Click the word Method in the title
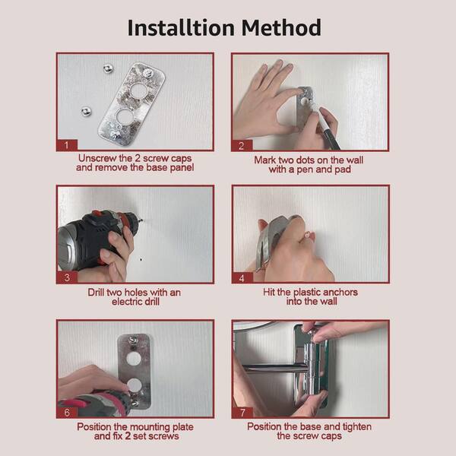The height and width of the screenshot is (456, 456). [281, 28]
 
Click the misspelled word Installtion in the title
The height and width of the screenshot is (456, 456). [181, 28]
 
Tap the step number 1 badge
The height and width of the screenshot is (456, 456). [67, 145]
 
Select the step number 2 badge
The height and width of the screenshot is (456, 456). [242, 145]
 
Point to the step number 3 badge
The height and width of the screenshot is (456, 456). [67, 277]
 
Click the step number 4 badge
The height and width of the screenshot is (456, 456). [242, 277]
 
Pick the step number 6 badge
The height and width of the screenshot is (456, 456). [67, 413]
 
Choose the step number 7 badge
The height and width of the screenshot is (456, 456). [242, 413]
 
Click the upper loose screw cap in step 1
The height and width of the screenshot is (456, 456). [109, 68]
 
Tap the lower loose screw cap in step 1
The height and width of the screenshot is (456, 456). [86, 112]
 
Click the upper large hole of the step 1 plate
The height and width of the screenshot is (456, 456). [138, 90]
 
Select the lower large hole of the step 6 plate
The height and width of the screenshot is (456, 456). [134, 385]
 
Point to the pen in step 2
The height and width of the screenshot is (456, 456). [328, 126]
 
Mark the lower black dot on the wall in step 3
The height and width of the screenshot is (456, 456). [141, 259]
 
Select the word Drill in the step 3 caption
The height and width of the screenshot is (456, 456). [97, 292]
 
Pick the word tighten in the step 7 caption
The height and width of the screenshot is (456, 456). [357, 426]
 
